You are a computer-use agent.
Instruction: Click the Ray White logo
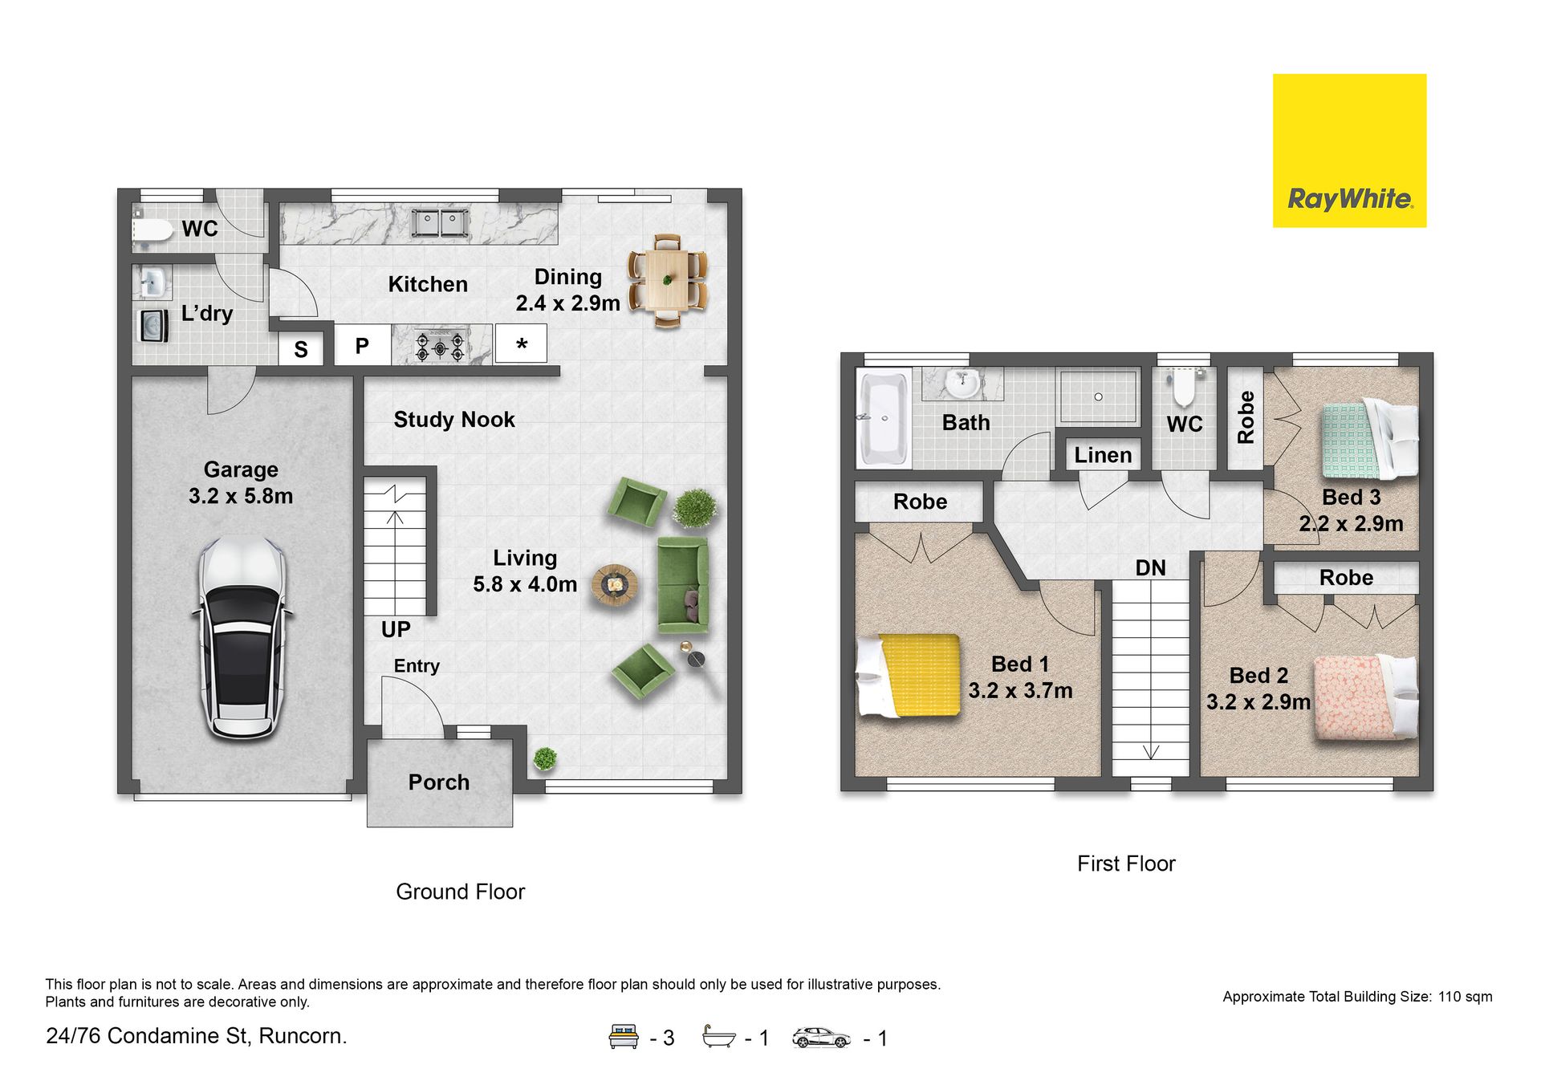pos(1349,151)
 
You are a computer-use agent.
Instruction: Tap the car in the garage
pos(242,638)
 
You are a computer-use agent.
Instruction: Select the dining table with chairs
pos(667,280)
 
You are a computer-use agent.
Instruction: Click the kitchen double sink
pos(439,222)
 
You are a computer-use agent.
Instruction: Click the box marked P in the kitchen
pos(363,346)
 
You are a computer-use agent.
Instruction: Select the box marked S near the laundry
pos(301,349)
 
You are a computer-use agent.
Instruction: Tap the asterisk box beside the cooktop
pos(521,344)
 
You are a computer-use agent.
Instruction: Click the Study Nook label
pos(454,420)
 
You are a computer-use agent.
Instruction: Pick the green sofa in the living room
pos(683,584)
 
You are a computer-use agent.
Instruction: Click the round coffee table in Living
pos(615,585)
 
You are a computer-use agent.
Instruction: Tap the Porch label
pos(439,782)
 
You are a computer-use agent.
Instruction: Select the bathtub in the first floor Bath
pos(884,417)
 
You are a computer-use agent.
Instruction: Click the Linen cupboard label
pos(1103,455)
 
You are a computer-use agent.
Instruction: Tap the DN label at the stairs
pos(1150,568)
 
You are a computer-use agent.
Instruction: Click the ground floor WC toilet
pos(152,231)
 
